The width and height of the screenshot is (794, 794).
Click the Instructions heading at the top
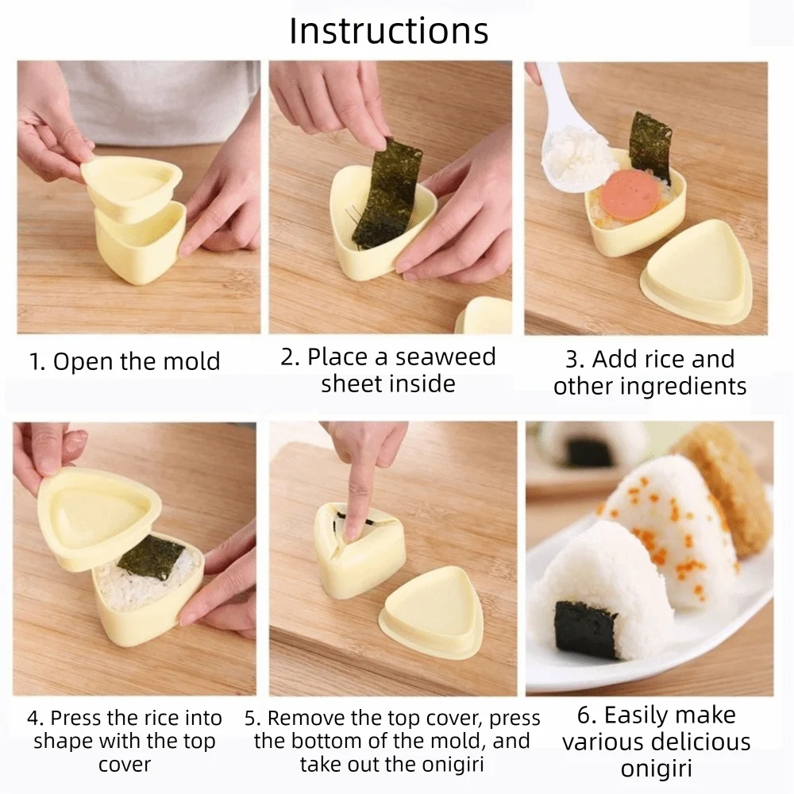(388, 31)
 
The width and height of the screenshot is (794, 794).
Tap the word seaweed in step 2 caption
(446, 357)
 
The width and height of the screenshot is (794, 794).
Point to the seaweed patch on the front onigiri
(587, 629)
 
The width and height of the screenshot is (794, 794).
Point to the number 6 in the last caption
(586, 715)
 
